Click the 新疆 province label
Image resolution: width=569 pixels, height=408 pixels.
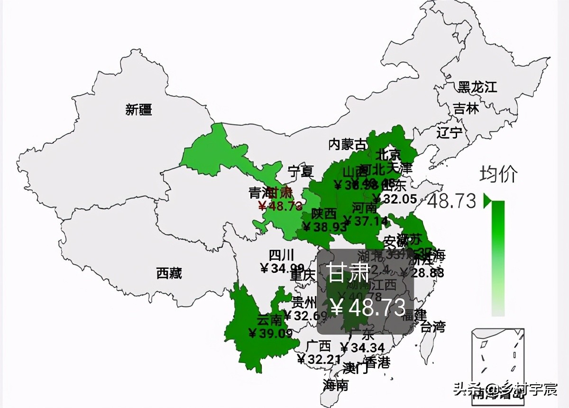point(138,110)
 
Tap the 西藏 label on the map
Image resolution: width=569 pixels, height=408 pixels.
point(169,273)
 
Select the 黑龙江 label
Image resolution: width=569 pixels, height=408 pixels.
point(477,87)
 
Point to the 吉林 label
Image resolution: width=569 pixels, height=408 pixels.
point(466,109)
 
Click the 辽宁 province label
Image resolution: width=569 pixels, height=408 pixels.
point(449,132)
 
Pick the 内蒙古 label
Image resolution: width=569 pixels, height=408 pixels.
point(348,144)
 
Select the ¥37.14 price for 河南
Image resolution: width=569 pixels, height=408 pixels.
point(365,221)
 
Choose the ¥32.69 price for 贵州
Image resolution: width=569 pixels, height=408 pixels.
point(305,315)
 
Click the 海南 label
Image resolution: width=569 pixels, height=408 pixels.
point(335,385)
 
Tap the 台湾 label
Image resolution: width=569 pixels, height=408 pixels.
point(433,326)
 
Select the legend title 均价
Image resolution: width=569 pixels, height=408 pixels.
point(498,174)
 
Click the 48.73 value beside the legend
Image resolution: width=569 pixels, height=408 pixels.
point(451,201)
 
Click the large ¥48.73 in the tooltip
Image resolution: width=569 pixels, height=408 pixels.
point(368,307)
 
